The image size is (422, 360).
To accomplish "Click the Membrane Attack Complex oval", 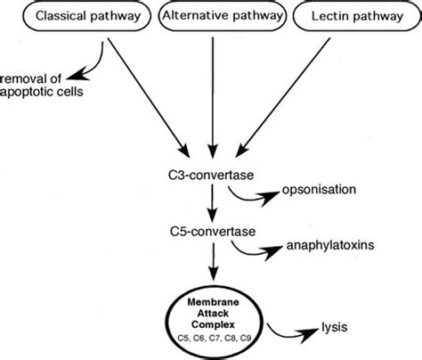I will (x=214, y=315).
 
